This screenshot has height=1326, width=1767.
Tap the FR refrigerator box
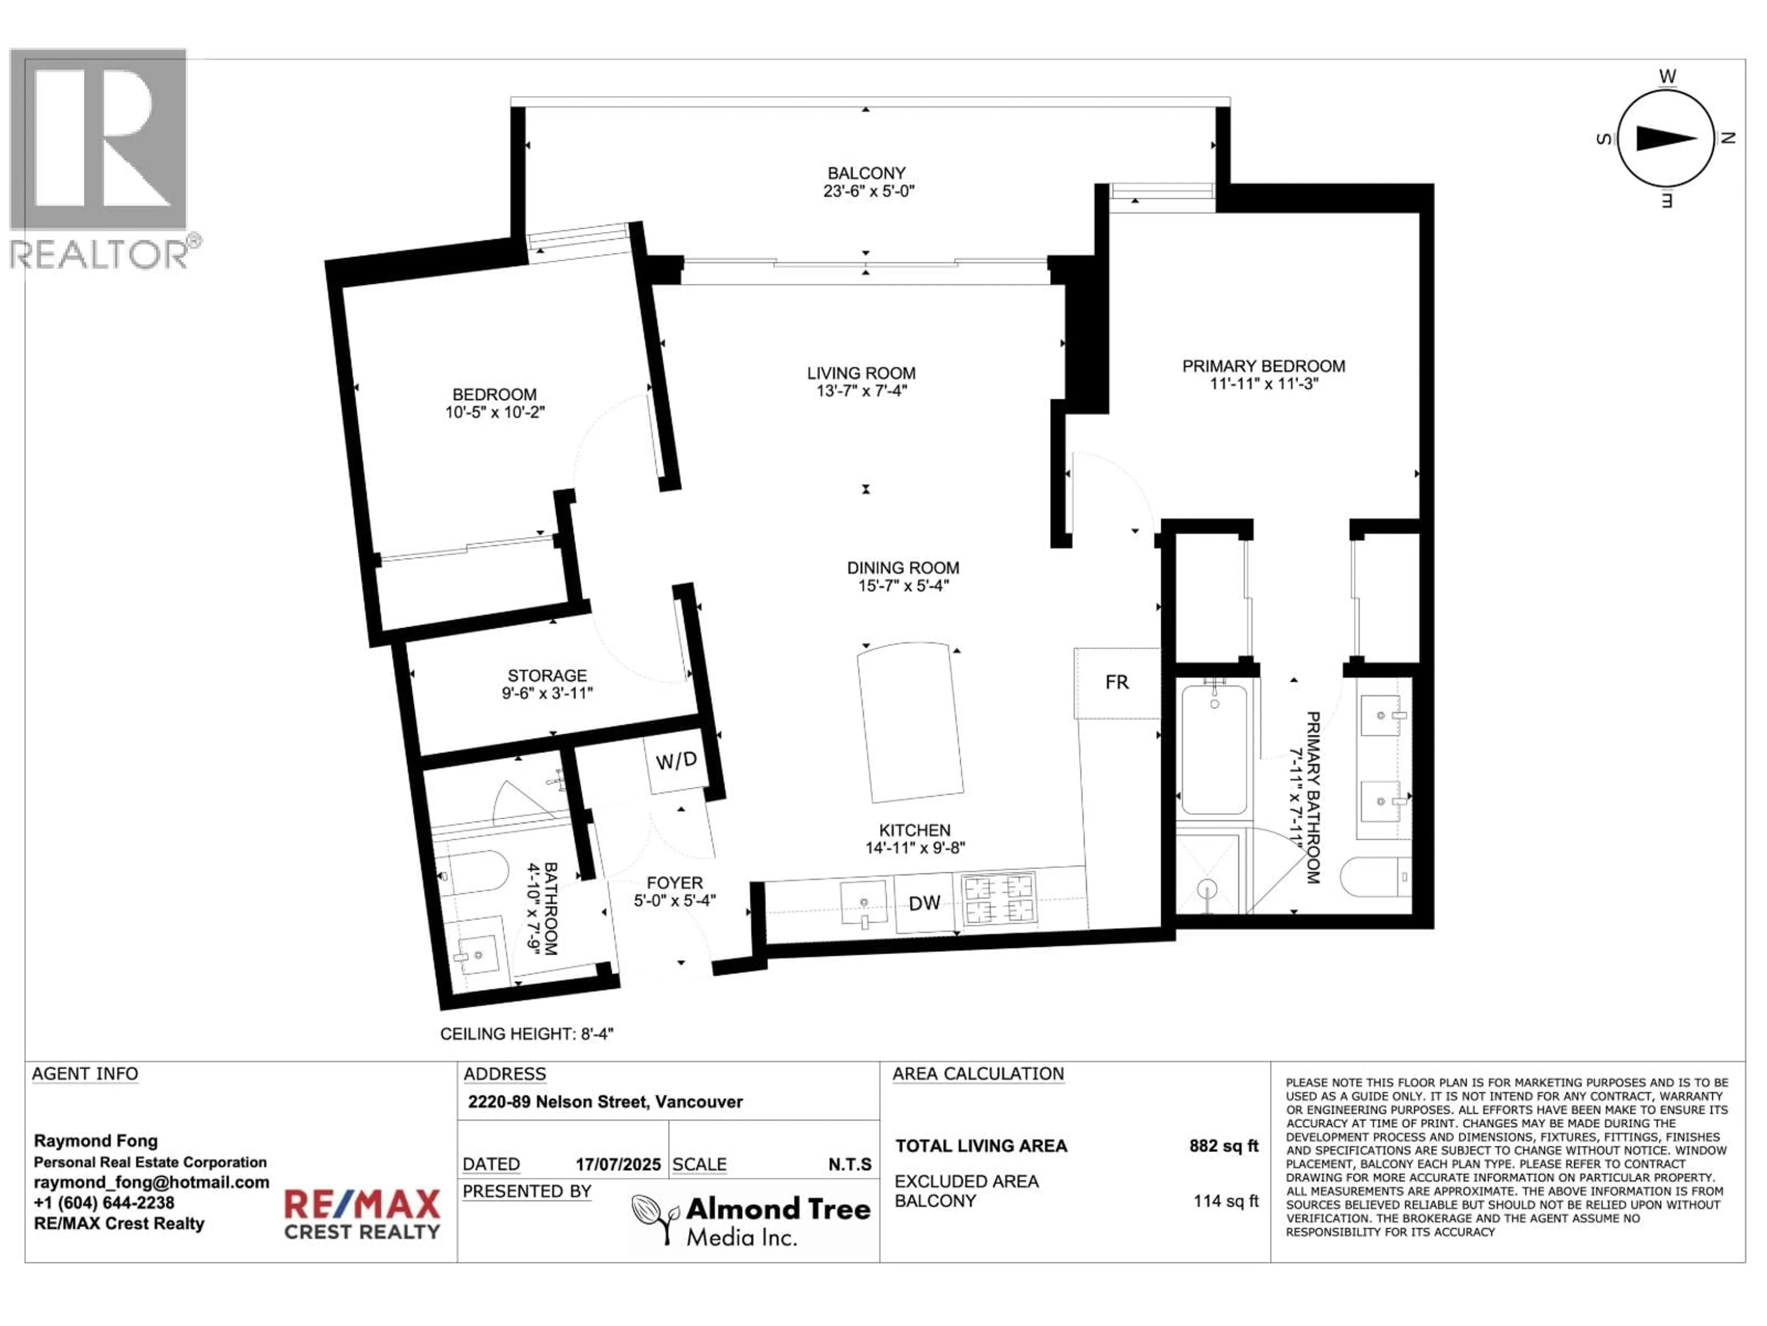pyautogui.click(x=1117, y=683)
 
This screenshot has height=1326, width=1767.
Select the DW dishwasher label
pyautogui.click(x=924, y=903)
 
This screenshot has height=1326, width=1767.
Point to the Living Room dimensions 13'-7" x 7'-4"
pyautogui.click(x=861, y=391)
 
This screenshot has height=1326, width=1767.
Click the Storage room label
pyautogui.click(x=547, y=675)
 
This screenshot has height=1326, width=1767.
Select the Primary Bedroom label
pyautogui.click(x=1264, y=366)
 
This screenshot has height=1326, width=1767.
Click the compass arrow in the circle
pyautogui.click(x=1666, y=138)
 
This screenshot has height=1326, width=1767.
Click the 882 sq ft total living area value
pyautogui.click(x=1223, y=1146)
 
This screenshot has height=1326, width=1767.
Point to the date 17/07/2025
pyautogui.click(x=618, y=1164)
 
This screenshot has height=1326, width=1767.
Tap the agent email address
pyautogui.click(x=151, y=1182)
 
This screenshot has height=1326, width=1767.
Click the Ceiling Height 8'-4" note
pyautogui.click(x=526, y=1034)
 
